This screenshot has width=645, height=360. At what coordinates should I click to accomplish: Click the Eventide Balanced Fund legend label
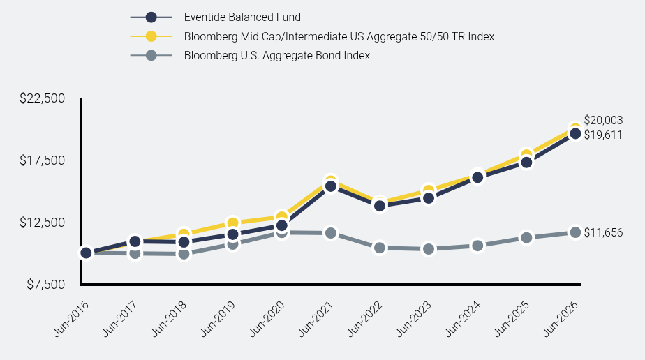tap(242, 17)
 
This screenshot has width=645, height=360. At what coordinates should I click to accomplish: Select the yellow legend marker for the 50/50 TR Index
tap(151, 36)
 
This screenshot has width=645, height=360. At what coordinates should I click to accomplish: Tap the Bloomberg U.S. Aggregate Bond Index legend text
tap(277, 56)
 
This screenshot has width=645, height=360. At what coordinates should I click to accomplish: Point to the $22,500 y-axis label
tap(43, 98)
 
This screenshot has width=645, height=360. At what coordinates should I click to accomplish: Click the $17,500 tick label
tap(43, 160)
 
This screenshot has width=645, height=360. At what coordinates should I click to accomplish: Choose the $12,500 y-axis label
tap(43, 223)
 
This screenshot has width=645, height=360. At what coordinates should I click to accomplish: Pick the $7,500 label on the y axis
tap(45, 285)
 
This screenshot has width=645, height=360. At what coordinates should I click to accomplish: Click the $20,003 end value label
tap(603, 121)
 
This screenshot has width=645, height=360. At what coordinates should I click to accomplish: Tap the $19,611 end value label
tap(603, 135)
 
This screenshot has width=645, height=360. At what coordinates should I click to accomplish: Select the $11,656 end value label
tap(603, 232)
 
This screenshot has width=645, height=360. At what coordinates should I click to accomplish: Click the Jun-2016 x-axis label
tap(72, 319)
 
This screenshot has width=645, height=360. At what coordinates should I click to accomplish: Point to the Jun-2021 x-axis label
tap(316, 319)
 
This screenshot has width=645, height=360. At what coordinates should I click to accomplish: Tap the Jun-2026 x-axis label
tap(561, 319)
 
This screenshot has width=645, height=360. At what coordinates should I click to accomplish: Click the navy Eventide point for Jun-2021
tap(331, 186)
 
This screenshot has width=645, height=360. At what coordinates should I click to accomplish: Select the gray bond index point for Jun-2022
tap(380, 248)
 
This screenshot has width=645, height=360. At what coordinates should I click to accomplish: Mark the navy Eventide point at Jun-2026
tap(575, 133)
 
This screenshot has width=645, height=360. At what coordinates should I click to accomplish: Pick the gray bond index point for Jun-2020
tap(282, 233)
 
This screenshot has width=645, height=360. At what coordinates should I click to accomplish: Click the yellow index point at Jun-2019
tap(233, 223)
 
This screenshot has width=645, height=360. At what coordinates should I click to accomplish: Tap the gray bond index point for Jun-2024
tap(477, 246)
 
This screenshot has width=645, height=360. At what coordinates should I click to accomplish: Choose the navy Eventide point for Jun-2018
tap(184, 242)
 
